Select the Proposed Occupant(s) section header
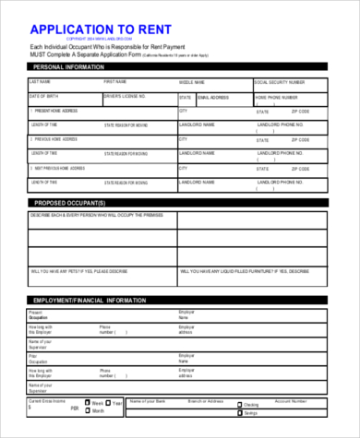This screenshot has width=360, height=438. (70, 202)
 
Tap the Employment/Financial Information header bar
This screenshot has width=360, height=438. (89, 302)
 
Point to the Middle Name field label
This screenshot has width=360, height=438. (192, 82)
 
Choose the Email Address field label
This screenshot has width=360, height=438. (213, 97)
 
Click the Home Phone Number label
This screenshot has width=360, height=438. (276, 96)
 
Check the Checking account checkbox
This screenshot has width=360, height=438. (239, 405)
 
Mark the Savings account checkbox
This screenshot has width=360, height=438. (239, 412)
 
